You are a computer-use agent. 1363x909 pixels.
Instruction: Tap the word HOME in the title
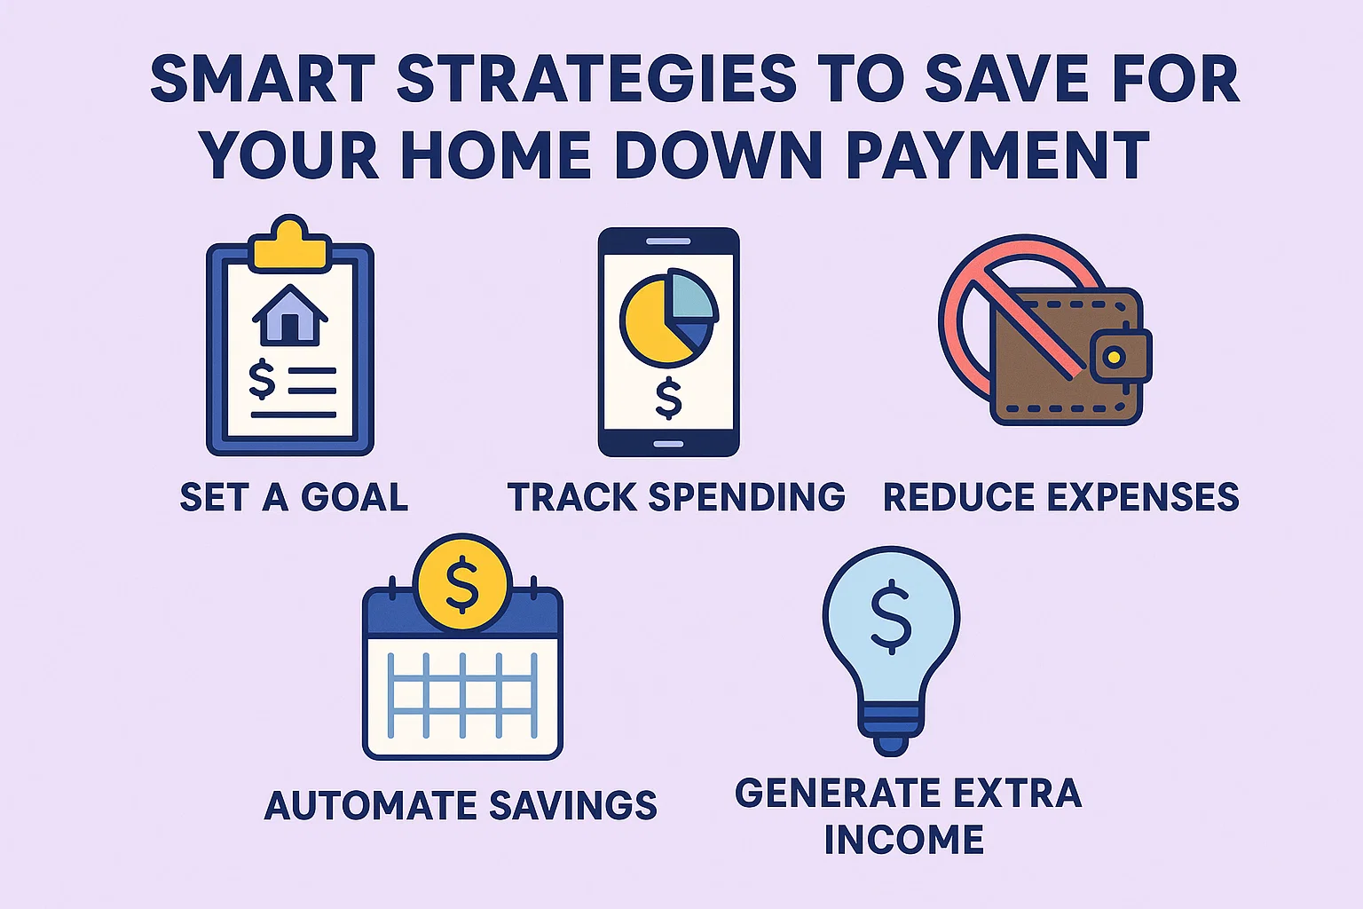click(498, 155)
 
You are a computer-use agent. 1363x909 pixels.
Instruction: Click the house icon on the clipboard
click(289, 315)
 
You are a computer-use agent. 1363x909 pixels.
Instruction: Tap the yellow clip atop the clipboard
click(289, 244)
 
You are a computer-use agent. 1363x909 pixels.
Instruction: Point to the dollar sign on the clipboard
click(262, 379)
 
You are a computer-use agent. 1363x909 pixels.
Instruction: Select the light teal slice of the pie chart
click(694, 296)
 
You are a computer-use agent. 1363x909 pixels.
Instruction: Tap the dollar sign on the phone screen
click(668, 398)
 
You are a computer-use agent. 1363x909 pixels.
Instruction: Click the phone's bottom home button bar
click(668, 443)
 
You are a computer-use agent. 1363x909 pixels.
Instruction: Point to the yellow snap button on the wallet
click(1115, 358)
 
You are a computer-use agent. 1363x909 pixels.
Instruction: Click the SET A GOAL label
click(294, 497)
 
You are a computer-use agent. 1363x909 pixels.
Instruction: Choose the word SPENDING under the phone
click(746, 497)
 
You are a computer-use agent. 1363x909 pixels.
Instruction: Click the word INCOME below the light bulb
click(903, 840)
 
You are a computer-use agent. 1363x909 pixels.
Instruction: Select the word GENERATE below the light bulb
click(838, 793)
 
